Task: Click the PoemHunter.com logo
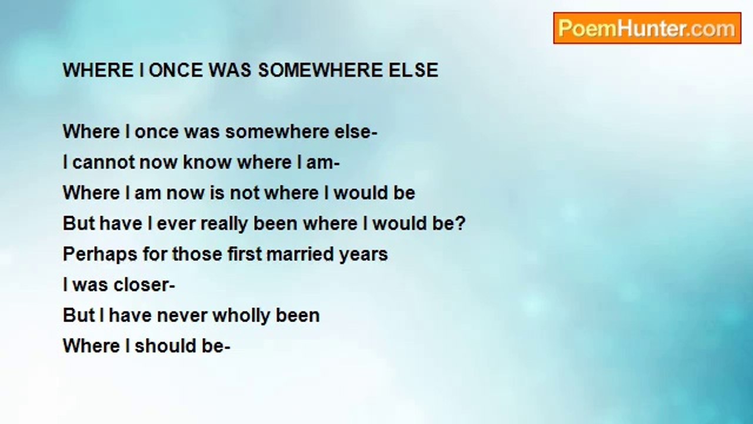(x=647, y=28)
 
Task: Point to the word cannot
(x=100, y=162)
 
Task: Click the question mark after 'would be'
(x=459, y=223)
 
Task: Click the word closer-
(x=144, y=285)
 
